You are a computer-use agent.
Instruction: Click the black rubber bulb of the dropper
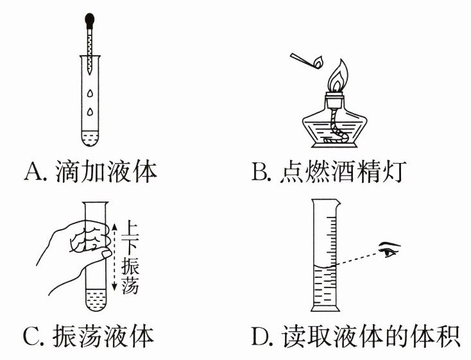tap(89, 21)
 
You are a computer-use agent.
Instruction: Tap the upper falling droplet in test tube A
tap(90, 94)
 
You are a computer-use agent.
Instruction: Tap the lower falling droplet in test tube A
tap(90, 112)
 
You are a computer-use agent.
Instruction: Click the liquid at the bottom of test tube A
tap(90, 139)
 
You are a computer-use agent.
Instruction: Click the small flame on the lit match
tap(318, 62)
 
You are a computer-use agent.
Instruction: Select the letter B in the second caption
tap(259, 173)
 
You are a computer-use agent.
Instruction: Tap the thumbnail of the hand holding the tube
tap(106, 254)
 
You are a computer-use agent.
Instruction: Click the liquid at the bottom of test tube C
tap(96, 299)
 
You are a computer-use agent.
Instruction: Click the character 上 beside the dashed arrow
tap(130, 229)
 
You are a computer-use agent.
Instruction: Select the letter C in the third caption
tap(32, 337)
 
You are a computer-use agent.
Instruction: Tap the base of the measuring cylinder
tap(325, 308)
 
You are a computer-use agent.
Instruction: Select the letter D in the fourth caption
tap(261, 337)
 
